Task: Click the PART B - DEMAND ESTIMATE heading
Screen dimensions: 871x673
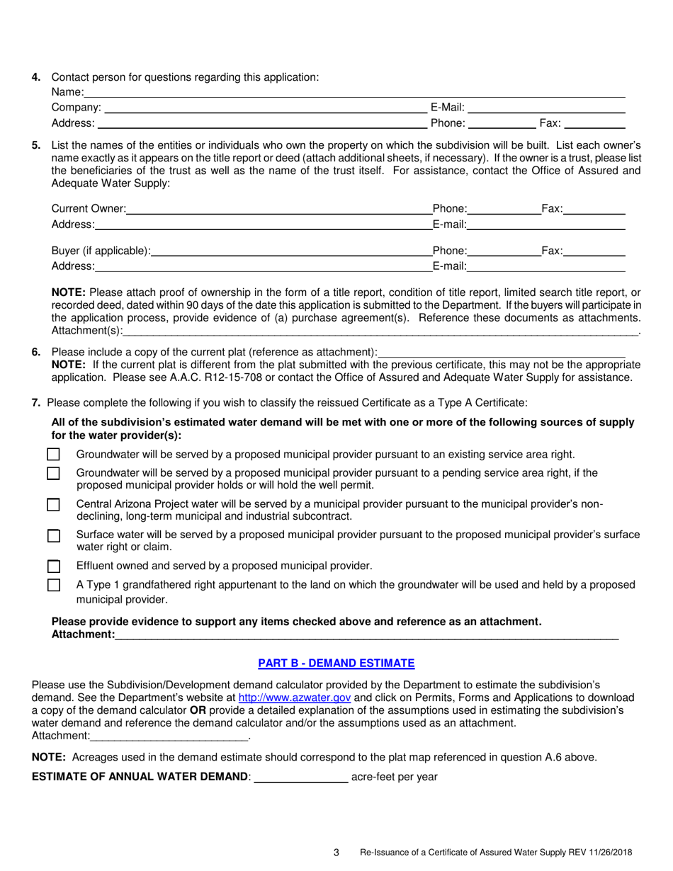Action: (x=336, y=664)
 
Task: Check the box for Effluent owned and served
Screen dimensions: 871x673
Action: (x=53, y=567)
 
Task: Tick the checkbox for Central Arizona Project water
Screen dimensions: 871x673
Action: (x=53, y=506)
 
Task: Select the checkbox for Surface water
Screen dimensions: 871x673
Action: (x=53, y=536)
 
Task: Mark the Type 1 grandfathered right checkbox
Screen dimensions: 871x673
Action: (x=53, y=586)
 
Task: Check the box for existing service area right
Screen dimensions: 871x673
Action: (x=53, y=455)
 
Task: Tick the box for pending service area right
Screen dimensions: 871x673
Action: (x=53, y=474)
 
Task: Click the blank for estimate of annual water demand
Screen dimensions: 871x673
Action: (x=300, y=778)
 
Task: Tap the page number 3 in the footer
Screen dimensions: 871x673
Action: (x=336, y=853)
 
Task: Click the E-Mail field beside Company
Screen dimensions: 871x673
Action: (x=546, y=108)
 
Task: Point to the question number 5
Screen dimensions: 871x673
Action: (x=36, y=145)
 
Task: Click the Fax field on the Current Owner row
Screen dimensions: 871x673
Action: (x=594, y=209)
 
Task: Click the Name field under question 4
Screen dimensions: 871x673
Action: (x=354, y=93)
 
